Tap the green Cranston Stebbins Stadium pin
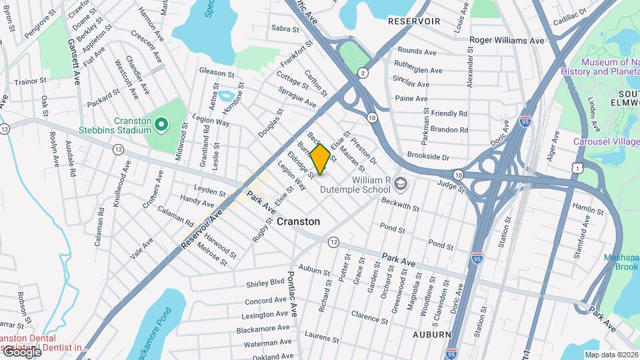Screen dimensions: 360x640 coord(161,124)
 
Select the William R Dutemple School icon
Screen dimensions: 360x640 coord(400,183)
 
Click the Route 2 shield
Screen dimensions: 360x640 coord(363,72)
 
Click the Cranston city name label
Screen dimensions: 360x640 coord(298,221)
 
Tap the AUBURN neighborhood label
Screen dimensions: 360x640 coord(431,334)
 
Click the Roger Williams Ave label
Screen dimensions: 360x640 coord(507,40)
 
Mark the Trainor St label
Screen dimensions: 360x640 coord(31,81)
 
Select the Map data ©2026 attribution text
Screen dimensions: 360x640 coord(611,355)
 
